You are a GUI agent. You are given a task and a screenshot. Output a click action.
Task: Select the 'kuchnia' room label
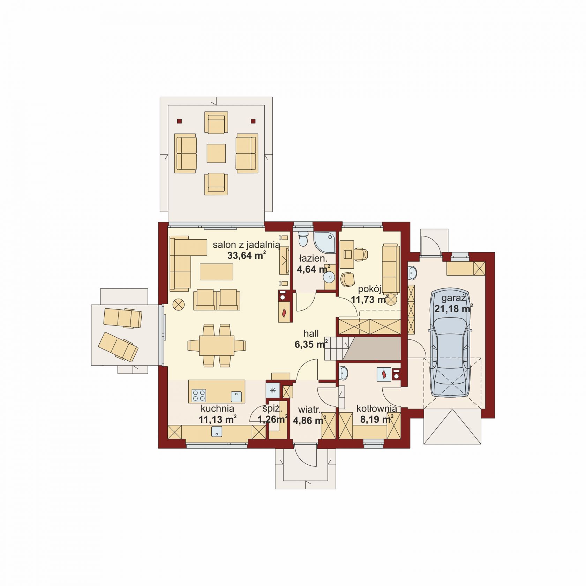click(x=217, y=408)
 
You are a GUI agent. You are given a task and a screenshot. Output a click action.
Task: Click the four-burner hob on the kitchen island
click(x=199, y=396)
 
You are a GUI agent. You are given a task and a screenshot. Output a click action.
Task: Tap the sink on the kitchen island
click(x=236, y=397)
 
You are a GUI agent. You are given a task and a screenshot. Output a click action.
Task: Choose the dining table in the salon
click(x=217, y=345)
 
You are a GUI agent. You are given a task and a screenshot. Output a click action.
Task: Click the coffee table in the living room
click(x=216, y=272)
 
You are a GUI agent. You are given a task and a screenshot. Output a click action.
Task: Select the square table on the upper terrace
click(x=216, y=153)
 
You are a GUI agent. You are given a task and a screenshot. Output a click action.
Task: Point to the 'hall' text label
click(x=311, y=333)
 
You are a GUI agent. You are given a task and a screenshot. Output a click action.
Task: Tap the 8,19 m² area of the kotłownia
click(x=377, y=419)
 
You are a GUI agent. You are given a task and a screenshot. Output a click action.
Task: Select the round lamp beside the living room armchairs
click(x=179, y=304)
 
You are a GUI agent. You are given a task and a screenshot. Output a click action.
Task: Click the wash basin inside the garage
click(x=412, y=273)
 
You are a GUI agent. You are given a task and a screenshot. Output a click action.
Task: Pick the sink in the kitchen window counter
click(x=217, y=431)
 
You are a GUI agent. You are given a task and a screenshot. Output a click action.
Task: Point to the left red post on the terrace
click(x=179, y=121)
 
